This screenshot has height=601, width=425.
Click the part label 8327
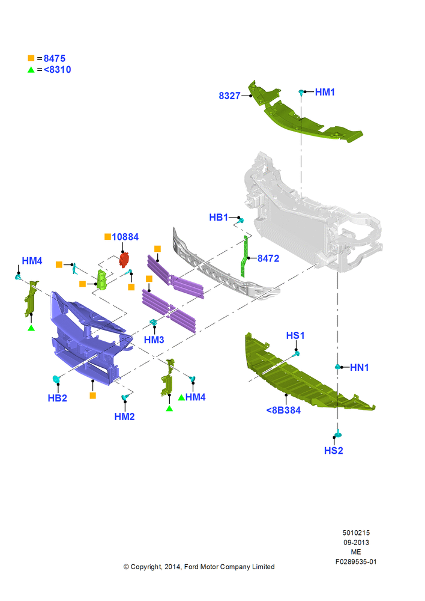[229, 96]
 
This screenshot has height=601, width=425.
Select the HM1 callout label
[325, 92]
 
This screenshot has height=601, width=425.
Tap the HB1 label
[219, 218]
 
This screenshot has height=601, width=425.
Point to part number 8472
[268, 258]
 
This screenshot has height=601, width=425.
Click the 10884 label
[125, 237]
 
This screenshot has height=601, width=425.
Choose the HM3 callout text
[154, 340]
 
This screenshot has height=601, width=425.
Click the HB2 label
[58, 398]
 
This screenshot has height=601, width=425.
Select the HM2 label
[124, 416]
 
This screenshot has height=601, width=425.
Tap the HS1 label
[295, 336]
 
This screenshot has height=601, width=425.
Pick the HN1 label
[360, 368]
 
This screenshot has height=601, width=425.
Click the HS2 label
[334, 451]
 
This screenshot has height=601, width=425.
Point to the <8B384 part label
[283, 410]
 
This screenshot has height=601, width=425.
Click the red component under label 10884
[124, 260]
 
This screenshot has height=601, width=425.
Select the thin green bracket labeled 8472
[244, 257]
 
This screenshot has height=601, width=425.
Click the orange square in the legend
[31, 58]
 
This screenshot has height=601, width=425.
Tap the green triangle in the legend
[31, 70]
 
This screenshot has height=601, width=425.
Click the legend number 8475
[55, 58]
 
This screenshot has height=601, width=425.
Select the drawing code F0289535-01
[356, 561]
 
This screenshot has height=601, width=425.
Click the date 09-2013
[356, 542]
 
